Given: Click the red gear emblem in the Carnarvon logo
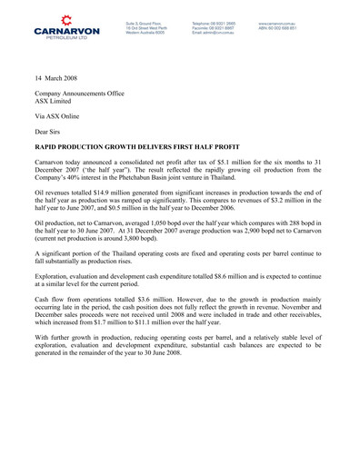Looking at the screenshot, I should click(x=67, y=17).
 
